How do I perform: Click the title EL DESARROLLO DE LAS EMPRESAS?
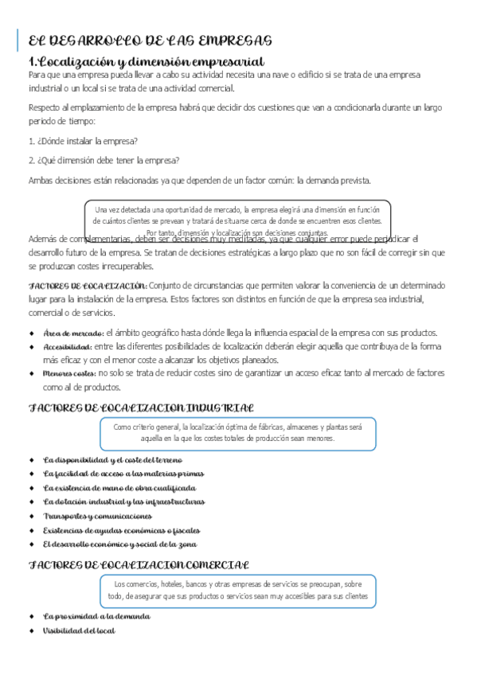click(150, 41)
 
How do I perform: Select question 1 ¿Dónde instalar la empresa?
click(83, 141)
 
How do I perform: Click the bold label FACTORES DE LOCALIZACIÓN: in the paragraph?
click(88, 285)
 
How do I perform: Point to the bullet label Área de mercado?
click(73, 333)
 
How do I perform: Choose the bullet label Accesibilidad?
click(67, 347)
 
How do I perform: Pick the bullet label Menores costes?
click(69, 373)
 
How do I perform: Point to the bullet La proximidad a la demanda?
click(96, 616)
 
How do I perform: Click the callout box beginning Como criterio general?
click(237, 434)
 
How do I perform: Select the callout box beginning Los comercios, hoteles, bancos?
click(237, 590)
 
